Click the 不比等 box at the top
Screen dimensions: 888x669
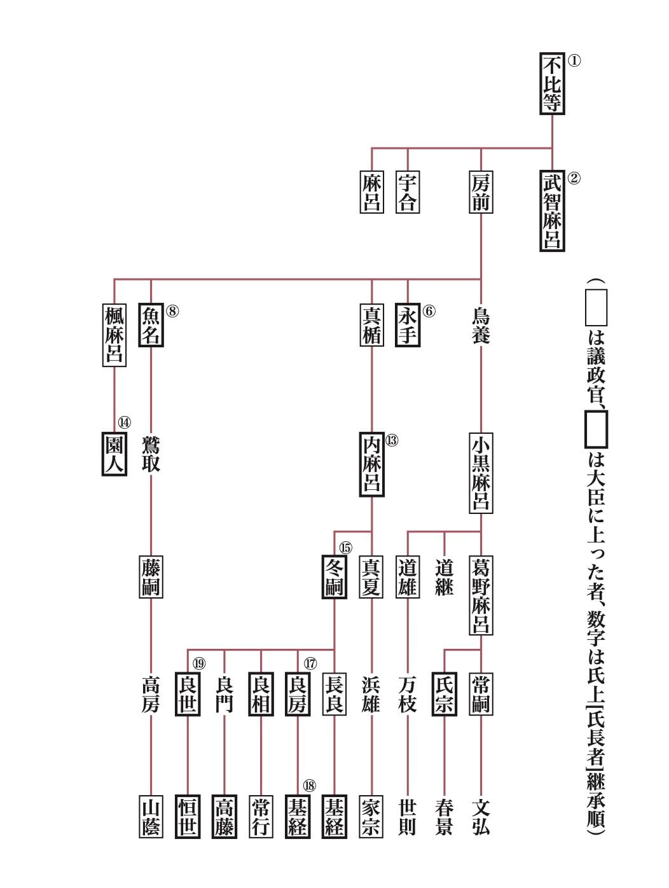(x=552, y=84)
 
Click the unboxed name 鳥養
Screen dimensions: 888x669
(x=481, y=326)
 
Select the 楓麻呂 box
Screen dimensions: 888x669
(x=114, y=335)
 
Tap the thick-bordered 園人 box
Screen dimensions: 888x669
(x=114, y=454)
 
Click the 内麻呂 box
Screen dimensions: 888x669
(x=371, y=464)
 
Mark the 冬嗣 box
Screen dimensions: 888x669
(x=334, y=576)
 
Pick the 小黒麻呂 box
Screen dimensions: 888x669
(x=481, y=473)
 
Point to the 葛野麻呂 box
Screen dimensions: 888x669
(x=481, y=595)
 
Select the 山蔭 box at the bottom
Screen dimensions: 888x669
(x=151, y=816)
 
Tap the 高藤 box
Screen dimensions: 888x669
(x=224, y=816)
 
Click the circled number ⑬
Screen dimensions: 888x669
(x=391, y=440)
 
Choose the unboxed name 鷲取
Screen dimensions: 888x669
(x=151, y=454)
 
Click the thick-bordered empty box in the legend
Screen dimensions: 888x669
(x=596, y=429)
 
